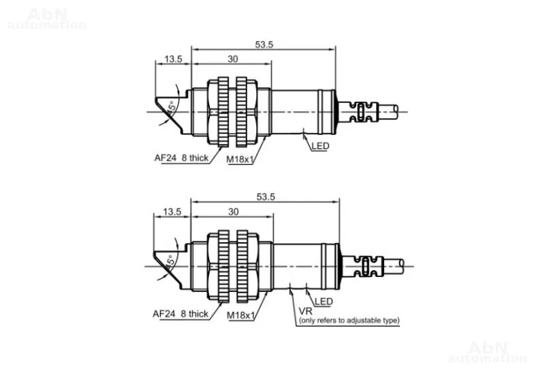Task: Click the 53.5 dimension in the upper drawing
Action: click(x=264, y=45)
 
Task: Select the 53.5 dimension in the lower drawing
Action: click(x=266, y=197)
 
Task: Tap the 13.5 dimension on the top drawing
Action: click(x=173, y=59)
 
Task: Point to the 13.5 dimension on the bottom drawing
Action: click(x=172, y=211)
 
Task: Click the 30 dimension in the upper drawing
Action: click(x=233, y=59)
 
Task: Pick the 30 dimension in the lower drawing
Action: click(x=233, y=211)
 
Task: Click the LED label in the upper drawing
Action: click(x=320, y=146)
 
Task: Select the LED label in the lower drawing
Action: click(x=324, y=301)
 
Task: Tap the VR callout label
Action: click(x=305, y=311)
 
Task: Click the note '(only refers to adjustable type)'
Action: click(x=349, y=321)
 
